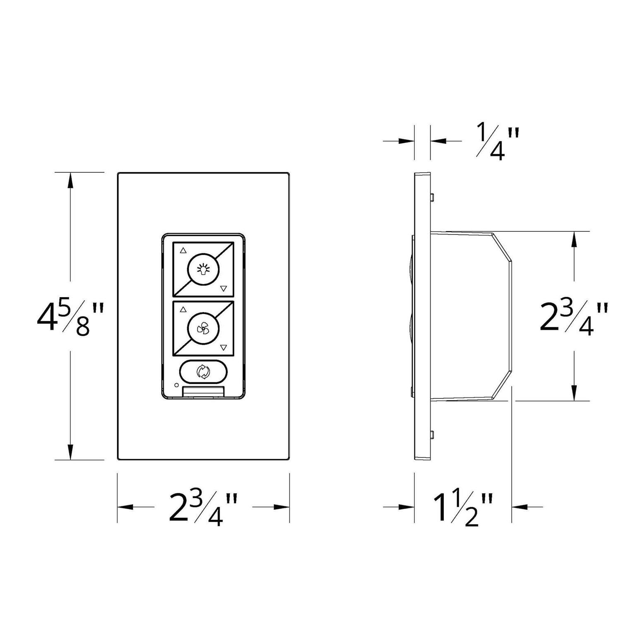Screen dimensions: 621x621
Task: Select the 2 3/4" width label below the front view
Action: [203, 508]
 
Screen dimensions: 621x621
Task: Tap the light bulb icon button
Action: [203, 270]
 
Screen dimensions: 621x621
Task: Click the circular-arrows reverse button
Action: [203, 372]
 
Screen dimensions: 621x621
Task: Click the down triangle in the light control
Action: [224, 288]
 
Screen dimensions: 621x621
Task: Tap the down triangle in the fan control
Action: [224, 348]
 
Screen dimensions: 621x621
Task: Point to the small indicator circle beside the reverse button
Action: [177, 385]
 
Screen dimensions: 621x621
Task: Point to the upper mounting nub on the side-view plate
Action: [432, 196]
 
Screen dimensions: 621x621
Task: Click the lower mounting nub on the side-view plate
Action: [432, 434]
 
